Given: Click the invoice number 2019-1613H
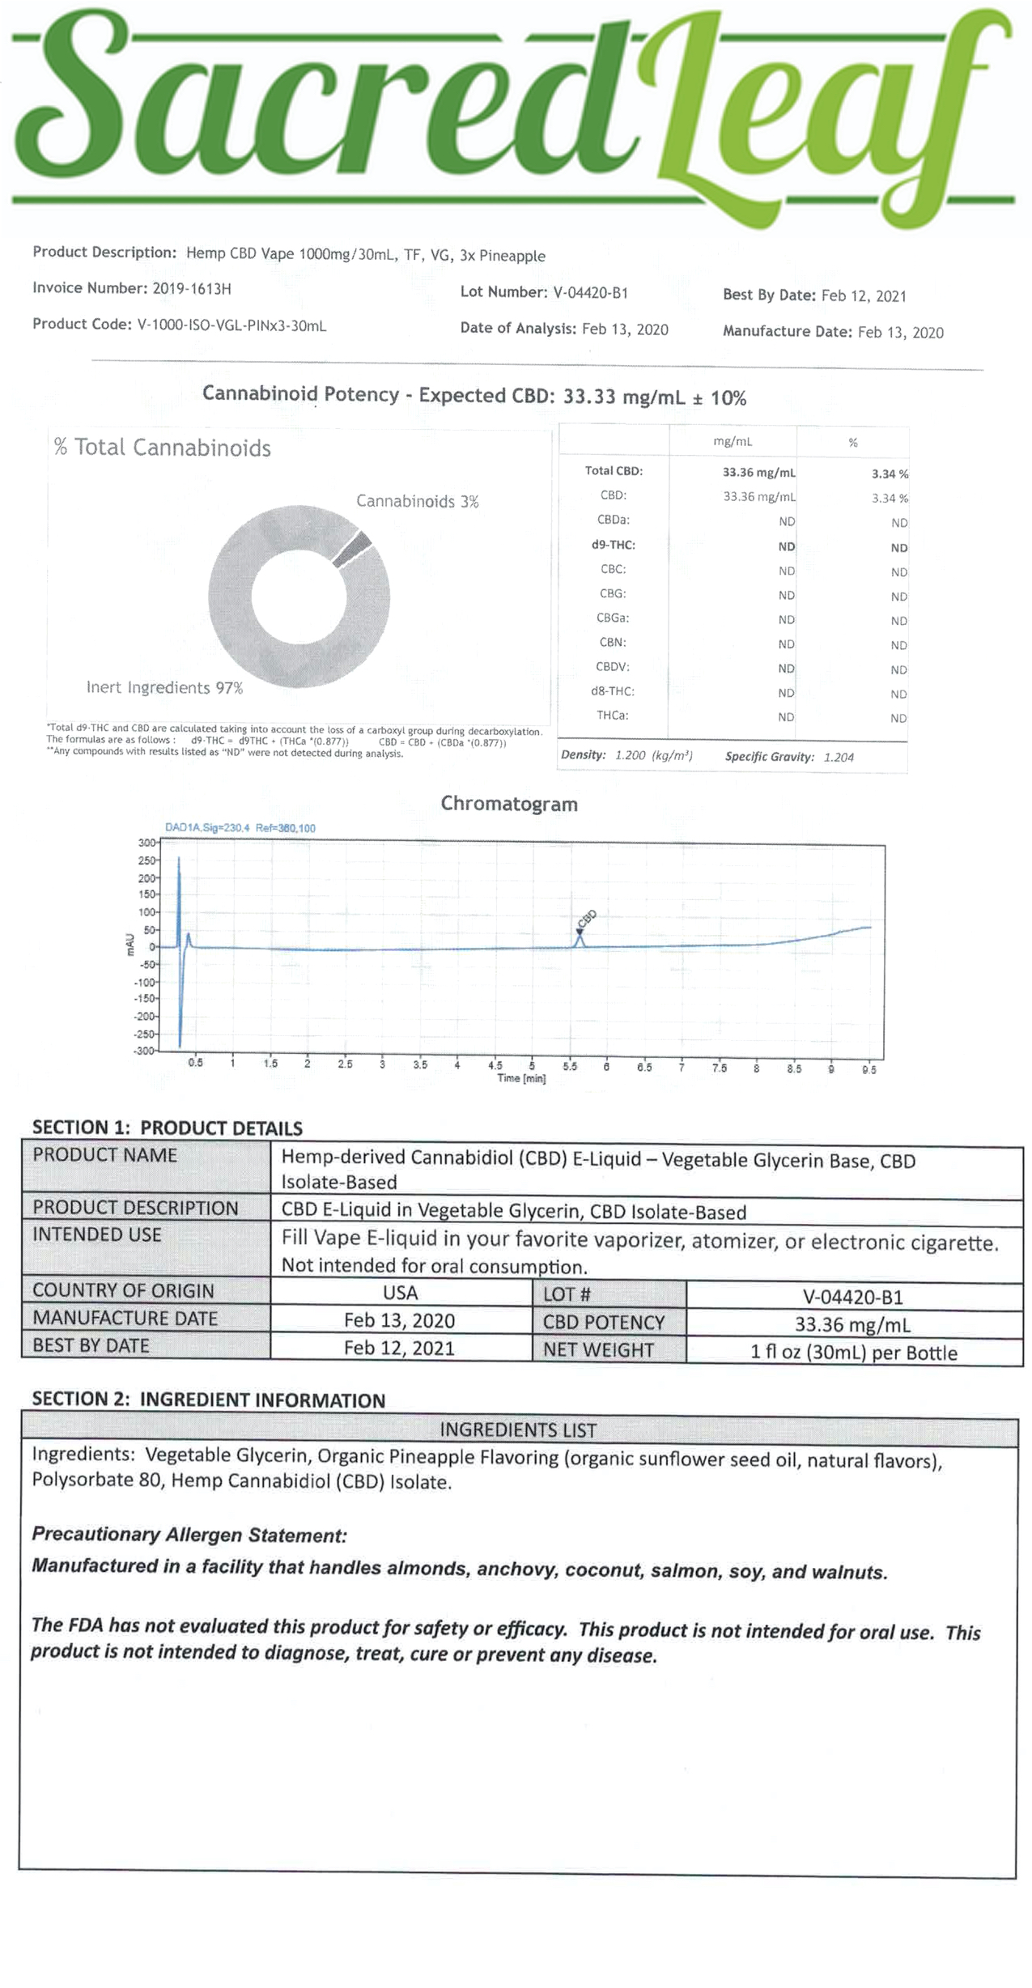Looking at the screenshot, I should pos(192,288).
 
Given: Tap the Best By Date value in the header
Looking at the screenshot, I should pos(863,296).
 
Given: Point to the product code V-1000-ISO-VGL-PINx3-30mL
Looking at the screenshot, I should pos(231,325).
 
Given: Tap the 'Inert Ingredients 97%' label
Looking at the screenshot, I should pos(164,688).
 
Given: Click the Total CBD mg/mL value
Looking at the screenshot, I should pos(758,473).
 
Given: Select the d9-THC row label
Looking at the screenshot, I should pos(613,546).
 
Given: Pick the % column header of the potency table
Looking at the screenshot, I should pos(852,443).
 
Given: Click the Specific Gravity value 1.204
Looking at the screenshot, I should pos(839,758).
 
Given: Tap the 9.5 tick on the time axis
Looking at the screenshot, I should pos(868,1069).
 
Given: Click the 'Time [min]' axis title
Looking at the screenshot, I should pos(521,1079).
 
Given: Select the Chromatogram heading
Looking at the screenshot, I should pos(508,804).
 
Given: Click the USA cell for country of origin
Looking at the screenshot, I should pos(400,1293).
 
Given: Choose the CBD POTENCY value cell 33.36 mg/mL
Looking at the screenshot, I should pos(852,1324).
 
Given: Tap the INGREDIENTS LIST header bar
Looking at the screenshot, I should pos(518,1430).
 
